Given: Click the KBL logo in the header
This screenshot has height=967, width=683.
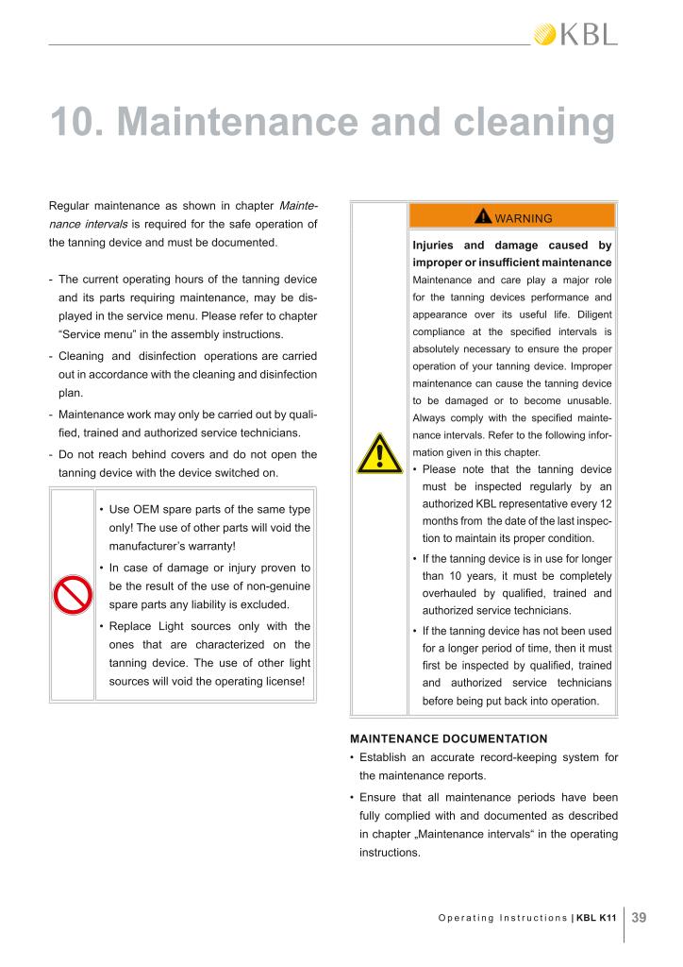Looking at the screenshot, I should point(575,35).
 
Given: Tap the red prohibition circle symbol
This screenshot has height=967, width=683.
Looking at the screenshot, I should point(72,594).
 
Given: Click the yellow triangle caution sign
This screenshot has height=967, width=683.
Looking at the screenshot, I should point(378,452).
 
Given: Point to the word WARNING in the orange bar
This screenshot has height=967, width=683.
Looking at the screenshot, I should point(524,218).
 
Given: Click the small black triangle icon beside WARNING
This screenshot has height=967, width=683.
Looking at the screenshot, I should point(483,217).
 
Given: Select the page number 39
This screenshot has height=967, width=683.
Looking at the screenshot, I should point(639,916).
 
